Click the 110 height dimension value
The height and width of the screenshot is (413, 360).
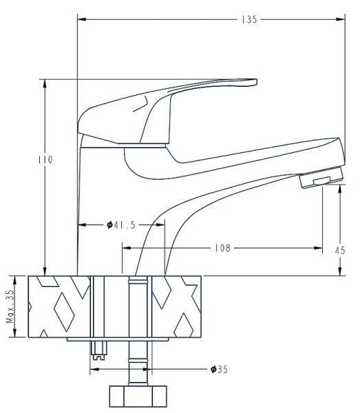click(45, 159)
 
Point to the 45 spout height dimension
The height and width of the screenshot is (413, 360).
click(339, 251)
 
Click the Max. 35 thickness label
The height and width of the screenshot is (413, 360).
click(10, 306)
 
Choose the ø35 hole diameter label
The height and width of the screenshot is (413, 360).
click(219, 370)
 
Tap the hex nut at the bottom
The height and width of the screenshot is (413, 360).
click(138, 397)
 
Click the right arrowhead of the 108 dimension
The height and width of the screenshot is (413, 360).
click(319, 247)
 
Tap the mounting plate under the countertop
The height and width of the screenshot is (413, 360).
click(117, 339)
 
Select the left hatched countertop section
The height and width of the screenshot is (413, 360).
click(59, 306)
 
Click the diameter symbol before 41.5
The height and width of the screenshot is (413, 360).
click(110, 225)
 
